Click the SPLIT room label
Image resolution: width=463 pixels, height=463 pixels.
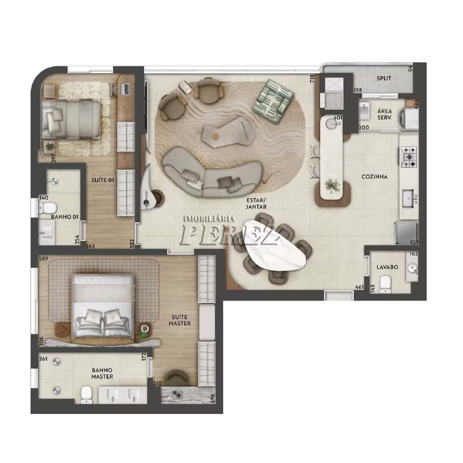click(384, 79)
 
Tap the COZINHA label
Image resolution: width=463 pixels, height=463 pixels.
click(375, 176)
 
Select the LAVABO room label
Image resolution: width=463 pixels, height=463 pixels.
click(388, 267)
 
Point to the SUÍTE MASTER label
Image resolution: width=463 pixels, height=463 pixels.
click(180, 320)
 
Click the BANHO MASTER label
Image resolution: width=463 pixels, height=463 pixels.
click(102, 373)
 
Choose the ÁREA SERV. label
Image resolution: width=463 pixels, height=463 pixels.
click(384, 114)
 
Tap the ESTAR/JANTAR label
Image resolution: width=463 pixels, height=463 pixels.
click(256, 203)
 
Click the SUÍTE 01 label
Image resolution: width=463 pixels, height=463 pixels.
click(102, 180)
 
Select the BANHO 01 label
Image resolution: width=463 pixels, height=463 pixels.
click(65, 217)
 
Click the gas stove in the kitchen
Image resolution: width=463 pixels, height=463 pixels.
click(409, 157)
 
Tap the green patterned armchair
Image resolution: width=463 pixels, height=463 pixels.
click(273, 101)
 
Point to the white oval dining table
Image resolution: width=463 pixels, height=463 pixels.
click(273, 247)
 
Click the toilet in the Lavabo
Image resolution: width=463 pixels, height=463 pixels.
click(385, 284)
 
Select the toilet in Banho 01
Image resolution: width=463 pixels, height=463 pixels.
click(47, 207)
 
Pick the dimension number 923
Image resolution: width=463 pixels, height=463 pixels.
click(414, 243)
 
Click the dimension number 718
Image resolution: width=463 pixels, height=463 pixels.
click(313, 79)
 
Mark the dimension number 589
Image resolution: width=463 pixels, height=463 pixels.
click(44, 259)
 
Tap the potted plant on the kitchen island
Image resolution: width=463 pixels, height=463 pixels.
click(332, 186)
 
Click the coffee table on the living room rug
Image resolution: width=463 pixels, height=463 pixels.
click(229, 132)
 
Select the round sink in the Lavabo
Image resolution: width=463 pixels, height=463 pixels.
click(412, 269)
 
